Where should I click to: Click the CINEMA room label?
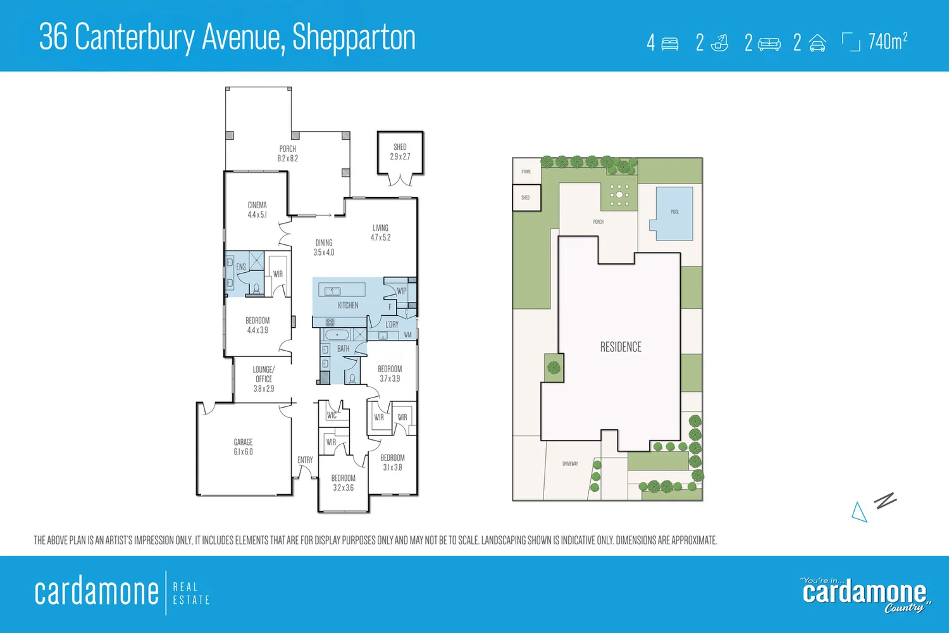[x=257, y=205]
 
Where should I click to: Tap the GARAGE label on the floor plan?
[x=243, y=442]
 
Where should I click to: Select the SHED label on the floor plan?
[x=400, y=147]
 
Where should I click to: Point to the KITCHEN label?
[x=348, y=305]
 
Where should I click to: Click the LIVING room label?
[x=380, y=228]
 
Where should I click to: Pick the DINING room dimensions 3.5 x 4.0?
[x=324, y=253]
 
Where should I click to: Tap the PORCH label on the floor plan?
[x=288, y=149]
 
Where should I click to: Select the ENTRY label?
[x=305, y=460]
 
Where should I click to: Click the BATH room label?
[x=343, y=349]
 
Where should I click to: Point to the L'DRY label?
[x=392, y=325]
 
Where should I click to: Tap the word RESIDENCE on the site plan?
[x=621, y=347]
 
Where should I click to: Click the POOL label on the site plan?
[x=675, y=212]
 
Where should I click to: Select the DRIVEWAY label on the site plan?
[x=570, y=464]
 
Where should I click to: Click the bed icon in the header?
[x=670, y=43]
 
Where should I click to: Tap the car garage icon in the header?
[x=817, y=43]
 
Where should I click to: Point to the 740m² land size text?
[x=888, y=42]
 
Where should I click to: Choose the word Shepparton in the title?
[x=354, y=38]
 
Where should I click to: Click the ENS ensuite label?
[x=241, y=267]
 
